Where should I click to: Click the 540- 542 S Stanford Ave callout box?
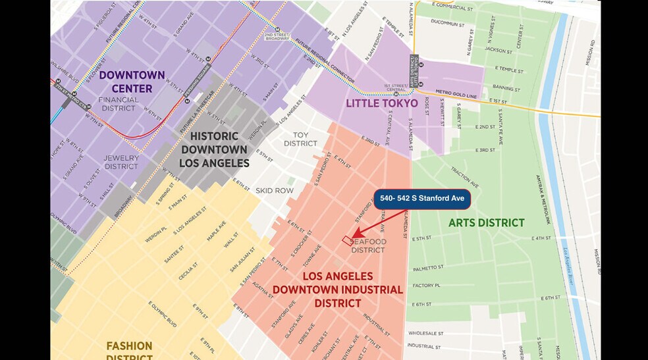(422, 199)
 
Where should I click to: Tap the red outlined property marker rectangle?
(347, 240)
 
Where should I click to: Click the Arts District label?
(486, 222)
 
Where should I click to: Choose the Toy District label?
(300, 139)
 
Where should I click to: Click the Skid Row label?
(274, 191)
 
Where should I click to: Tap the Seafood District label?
(368, 245)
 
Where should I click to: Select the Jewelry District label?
(121, 162)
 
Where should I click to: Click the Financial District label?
(119, 104)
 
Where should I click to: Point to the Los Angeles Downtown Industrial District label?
(338, 290)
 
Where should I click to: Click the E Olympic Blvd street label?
(164, 314)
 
